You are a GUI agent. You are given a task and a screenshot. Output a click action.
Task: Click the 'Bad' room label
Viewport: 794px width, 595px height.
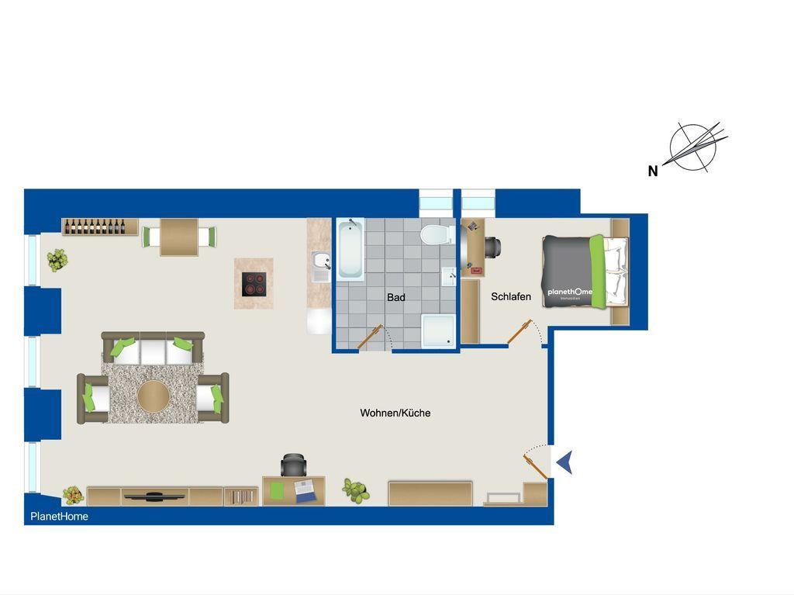(x=396, y=297)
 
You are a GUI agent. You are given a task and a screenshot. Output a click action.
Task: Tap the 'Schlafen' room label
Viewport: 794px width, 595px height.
(x=511, y=296)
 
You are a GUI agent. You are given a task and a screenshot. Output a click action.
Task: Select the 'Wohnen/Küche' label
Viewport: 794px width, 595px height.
(x=395, y=413)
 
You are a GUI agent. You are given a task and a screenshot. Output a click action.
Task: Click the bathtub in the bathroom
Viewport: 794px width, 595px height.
(x=350, y=249)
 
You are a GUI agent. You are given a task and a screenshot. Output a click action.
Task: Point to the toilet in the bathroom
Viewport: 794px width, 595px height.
(x=437, y=234)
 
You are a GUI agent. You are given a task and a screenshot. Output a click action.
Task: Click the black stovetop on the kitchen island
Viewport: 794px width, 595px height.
(x=254, y=284)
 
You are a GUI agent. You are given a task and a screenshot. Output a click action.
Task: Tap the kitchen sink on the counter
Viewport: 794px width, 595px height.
(x=321, y=266)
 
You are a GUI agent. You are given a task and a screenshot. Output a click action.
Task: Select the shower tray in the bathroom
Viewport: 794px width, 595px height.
(x=439, y=331)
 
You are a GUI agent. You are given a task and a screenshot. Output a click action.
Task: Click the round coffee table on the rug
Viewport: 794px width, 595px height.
(x=154, y=397)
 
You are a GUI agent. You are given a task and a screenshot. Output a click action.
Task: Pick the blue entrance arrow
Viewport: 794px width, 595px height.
(x=564, y=462)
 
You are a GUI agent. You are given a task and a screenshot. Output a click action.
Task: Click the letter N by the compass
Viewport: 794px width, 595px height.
(x=653, y=171)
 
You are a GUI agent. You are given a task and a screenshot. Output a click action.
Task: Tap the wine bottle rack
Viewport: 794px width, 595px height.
(x=100, y=227)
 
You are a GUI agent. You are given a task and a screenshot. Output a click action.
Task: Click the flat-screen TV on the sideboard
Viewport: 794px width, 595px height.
(x=154, y=496)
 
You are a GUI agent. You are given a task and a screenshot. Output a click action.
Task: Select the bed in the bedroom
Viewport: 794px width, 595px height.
(x=585, y=272)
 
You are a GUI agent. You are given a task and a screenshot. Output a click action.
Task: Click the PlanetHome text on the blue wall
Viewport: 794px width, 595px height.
(x=59, y=517)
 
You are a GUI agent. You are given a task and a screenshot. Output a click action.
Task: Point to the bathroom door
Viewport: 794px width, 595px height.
(x=370, y=337)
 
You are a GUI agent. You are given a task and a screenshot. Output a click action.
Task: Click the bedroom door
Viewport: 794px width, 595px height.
(x=520, y=331)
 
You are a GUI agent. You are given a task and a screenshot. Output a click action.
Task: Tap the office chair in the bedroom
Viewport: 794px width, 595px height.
(x=492, y=247)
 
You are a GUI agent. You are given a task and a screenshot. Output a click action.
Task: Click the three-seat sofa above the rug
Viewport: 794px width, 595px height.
(x=153, y=348)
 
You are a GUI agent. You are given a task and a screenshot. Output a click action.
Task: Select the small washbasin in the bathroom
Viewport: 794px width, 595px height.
(x=449, y=277)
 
